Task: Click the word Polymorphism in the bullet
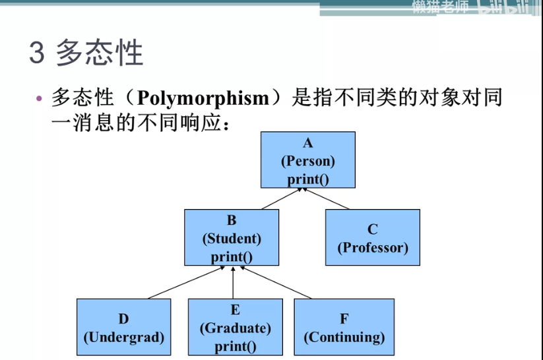click(x=204, y=98)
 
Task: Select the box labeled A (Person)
click(x=307, y=160)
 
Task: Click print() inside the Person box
click(x=307, y=178)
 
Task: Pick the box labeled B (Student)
click(x=232, y=237)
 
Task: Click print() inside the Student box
click(x=232, y=256)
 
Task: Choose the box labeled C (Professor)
click(x=373, y=237)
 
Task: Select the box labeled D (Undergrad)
click(x=123, y=327)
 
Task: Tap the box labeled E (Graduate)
click(x=235, y=327)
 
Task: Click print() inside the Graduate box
click(x=235, y=345)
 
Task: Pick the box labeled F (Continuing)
click(x=344, y=327)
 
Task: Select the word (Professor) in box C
click(x=373, y=248)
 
